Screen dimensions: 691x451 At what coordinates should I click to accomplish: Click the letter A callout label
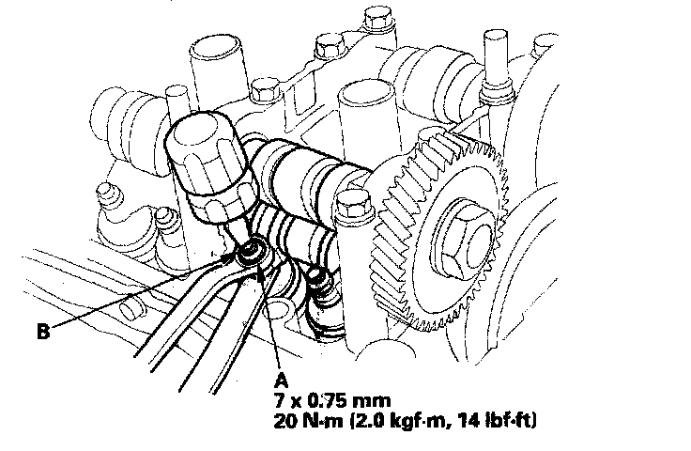click(281, 380)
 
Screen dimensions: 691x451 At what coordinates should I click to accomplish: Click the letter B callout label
click(43, 331)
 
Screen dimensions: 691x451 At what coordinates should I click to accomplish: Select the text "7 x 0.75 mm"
click(331, 401)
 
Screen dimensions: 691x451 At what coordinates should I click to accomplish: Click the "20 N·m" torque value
click(308, 421)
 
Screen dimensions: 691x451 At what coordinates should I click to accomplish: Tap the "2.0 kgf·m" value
click(397, 421)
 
